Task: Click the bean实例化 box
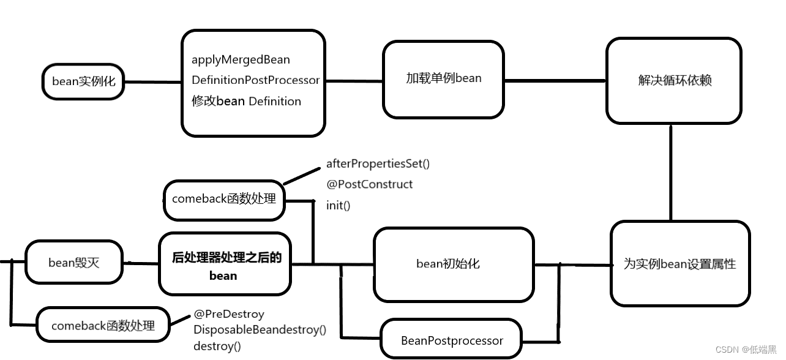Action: click(x=83, y=81)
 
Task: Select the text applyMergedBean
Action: click(x=241, y=60)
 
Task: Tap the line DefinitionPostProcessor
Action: click(x=255, y=80)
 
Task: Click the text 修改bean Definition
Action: click(x=246, y=101)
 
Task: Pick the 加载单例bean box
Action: click(x=443, y=78)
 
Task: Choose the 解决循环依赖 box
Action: click(x=673, y=80)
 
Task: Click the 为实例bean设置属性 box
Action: click(x=679, y=264)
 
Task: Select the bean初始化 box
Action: click(x=453, y=264)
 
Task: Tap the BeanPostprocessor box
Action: click(x=452, y=340)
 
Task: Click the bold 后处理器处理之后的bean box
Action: click(x=225, y=264)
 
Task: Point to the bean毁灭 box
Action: click(x=74, y=263)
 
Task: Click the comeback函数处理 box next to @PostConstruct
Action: click(x=224, y=199)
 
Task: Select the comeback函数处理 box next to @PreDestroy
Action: click(x=103, y=326)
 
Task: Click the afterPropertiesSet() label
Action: click(x=378, y=163)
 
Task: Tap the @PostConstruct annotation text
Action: click(x=369, y=184)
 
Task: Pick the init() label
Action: click(x=338, y=206)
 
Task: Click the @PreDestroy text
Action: click(x=229, y=314)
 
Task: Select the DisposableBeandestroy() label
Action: click(x=260, y=330)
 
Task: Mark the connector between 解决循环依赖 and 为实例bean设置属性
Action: click(x=671, y=173)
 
